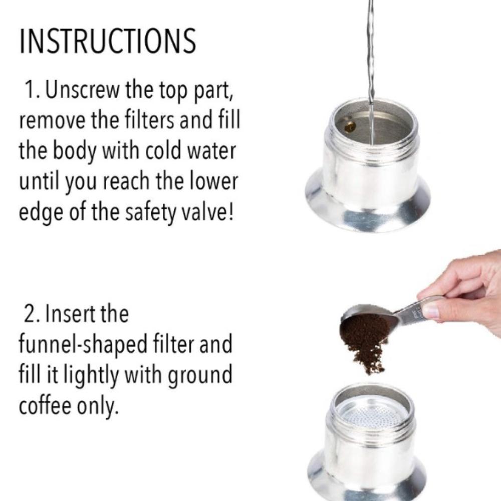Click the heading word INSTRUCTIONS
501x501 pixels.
(x=107, y=42)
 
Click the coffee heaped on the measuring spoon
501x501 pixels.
(x=363, y=328)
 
